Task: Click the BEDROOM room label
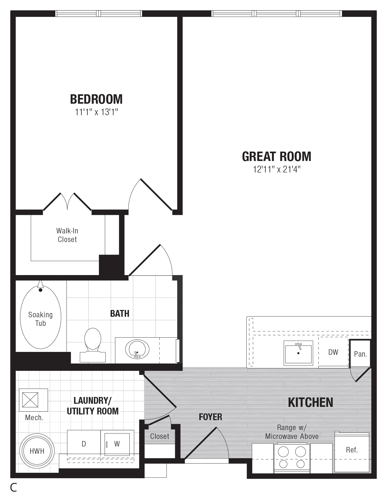(96, 99)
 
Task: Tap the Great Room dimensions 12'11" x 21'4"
(277, 170)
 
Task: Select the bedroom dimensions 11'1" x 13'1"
(97, 112)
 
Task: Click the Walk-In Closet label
(67, 235)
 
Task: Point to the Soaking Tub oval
(40, 317)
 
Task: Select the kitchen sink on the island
(298, 353)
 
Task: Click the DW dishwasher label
(333, 352)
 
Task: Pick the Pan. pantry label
(360, 354)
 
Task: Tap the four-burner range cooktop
(292, 458)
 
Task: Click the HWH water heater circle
(37, 451)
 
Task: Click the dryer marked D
(84, 444)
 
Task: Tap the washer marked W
(117, 444)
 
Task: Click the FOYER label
(210, 417)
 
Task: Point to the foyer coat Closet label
(159, 436)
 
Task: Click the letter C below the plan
(14, 487)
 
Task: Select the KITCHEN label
(310, 402)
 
